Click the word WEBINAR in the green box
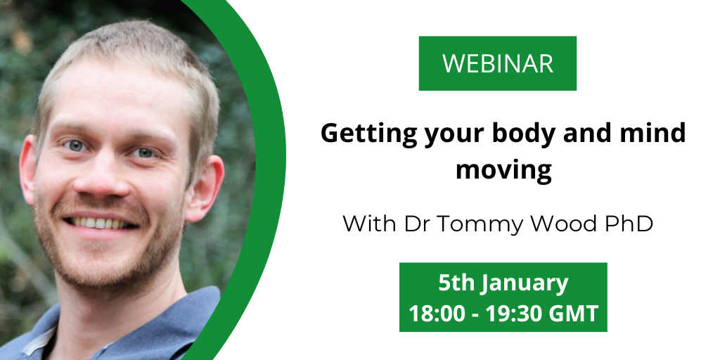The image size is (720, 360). pyautogui.click(x=498, y=63)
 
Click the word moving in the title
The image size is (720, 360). pyautogui.click(x=503, y=170)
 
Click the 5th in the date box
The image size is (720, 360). pyautogui.click(x=456, y=283)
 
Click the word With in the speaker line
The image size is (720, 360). pyautogui.click(x=371, y=224)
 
